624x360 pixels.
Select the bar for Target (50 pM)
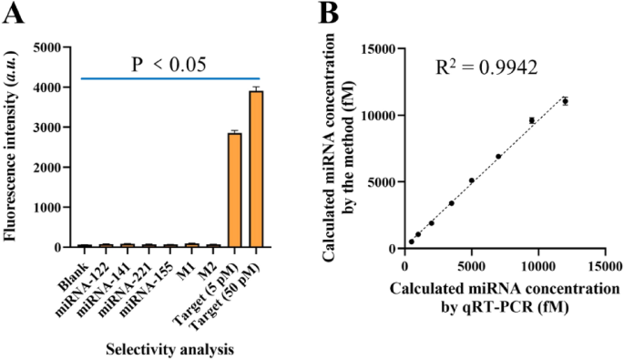point(255,169)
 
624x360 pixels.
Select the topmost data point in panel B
point(565,101)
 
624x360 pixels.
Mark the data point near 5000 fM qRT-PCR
point(472,180)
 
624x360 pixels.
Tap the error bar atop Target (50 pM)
point(255,88)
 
